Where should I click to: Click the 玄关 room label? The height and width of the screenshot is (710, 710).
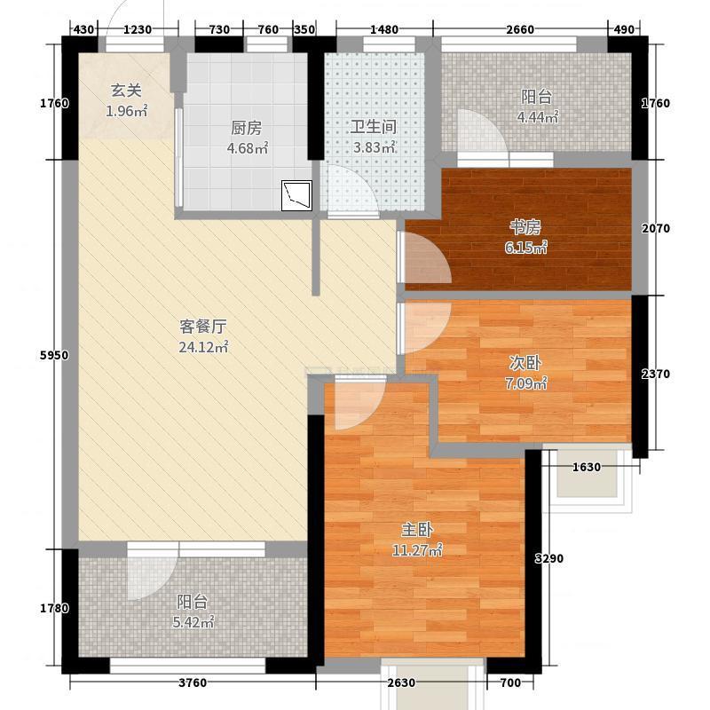[126, 91]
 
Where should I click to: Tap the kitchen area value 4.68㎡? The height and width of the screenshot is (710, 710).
[248, 148]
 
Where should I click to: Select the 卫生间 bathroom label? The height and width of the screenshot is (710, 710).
[374, 127]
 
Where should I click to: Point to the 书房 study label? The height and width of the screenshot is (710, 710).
[525, 227]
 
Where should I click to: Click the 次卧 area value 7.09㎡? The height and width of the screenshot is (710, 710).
[525, 384]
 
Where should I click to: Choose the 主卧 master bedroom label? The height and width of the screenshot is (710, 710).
[417, 529]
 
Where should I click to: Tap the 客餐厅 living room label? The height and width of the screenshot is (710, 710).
[203, 326]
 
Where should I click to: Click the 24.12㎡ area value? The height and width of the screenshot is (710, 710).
[203, 347]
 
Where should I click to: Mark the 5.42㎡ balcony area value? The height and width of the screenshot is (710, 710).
[193, 623]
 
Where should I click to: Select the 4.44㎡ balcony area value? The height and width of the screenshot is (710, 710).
[538, 117]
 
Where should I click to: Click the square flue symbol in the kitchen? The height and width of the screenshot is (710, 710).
[296, 195]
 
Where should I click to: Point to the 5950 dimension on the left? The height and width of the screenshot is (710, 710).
[54, 356]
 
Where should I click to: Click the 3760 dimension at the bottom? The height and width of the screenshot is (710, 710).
[193, 682]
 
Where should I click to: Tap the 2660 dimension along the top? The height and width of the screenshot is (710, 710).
[520, 30]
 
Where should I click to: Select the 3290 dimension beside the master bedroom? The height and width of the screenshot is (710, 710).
[549, 558]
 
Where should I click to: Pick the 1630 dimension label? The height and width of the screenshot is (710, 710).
[587, 467]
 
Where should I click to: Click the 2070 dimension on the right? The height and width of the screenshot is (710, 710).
[656, 229]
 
